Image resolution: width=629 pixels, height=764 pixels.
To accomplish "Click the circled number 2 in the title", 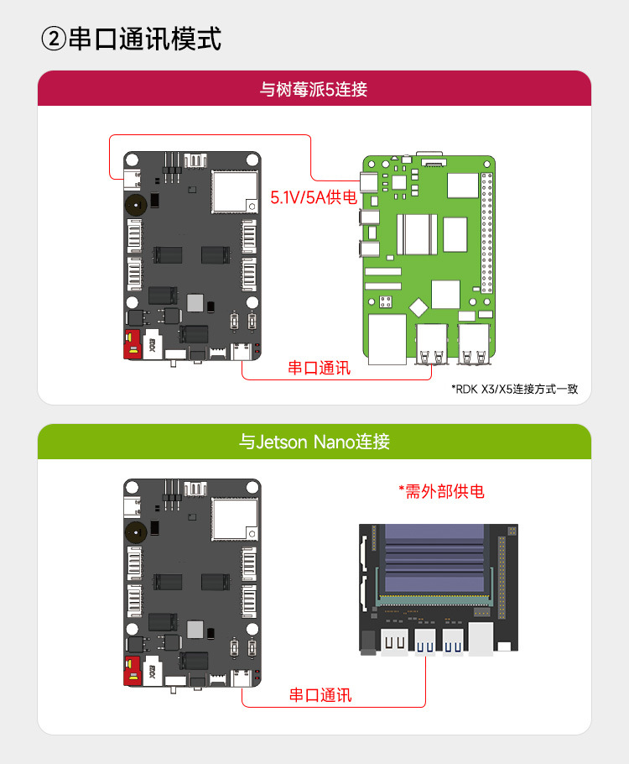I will coord(53,39).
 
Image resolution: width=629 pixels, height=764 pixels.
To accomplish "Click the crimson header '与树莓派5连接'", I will coord(314,88).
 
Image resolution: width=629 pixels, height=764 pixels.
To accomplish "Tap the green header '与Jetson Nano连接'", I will coord(314,441).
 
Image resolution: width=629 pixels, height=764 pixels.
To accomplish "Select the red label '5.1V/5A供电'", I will coord(314,198).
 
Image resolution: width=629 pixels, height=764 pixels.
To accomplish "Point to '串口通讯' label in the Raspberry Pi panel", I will coord(320,368).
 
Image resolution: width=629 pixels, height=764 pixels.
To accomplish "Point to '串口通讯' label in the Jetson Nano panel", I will coord(320,694).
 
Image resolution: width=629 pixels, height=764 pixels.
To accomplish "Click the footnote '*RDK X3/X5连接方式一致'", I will coord(514,389).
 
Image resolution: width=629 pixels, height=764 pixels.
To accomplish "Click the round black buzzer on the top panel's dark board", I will coord(133,203).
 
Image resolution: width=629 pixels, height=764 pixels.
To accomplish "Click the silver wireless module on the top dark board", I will coord(233,190).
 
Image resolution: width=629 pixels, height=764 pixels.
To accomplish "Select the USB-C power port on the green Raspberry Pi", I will coord(367,182).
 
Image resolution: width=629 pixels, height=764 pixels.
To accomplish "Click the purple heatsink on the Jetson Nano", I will coord(434,561).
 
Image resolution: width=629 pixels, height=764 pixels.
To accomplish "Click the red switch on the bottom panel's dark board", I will coord(131,672).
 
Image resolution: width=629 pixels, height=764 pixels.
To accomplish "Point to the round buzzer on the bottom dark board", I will coord(133,531).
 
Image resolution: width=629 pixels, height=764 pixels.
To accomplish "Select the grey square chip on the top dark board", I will coord(195,302).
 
